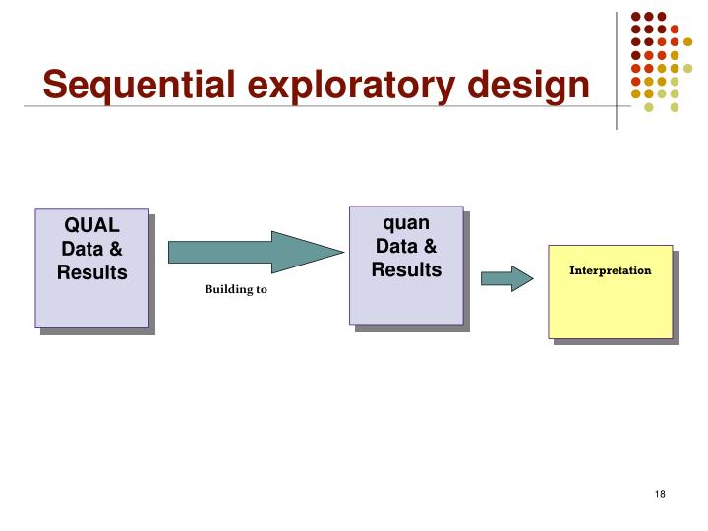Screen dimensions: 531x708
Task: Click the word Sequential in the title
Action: (135, 87)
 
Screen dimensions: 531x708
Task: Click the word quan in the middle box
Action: (406, 223)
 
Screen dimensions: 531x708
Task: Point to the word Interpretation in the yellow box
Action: (611, 269)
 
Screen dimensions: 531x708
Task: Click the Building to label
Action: (236, 290)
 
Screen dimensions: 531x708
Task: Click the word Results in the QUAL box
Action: (92, 272)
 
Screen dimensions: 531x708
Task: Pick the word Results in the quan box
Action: (406, 268)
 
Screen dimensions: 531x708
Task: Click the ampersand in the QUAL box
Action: (115, 251)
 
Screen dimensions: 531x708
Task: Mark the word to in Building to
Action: (261, 290)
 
